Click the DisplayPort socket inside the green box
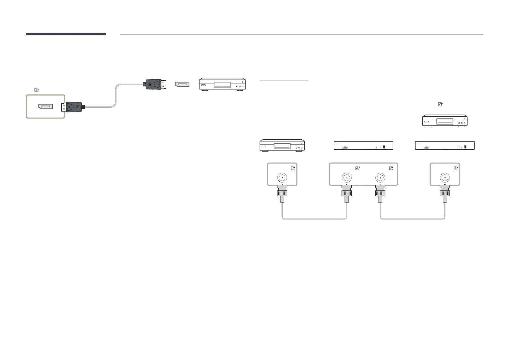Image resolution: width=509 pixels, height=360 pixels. [x=45, y=106]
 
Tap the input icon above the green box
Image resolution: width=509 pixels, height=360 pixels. [x=37, y=90]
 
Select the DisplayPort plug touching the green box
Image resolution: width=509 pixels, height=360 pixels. [x=73, y=107]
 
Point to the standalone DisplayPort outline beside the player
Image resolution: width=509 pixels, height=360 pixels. [x=182, y=84]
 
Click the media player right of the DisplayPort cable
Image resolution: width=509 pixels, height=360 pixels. [x=222, y=84]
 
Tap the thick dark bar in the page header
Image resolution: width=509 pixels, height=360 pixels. [x=66, y=34]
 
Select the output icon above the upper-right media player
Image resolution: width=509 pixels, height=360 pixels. [x=440, y=104]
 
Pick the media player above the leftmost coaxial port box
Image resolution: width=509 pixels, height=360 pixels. [x=282, y=145]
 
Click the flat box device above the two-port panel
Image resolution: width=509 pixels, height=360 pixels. [x=363, y=145]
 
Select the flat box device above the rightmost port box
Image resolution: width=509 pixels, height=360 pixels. [x=445, y=145]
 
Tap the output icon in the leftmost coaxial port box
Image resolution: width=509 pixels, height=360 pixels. [x=293, y=168]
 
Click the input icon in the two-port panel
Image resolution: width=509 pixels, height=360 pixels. [x=358, y=168]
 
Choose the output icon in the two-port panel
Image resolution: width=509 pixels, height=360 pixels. [x=391, y=168]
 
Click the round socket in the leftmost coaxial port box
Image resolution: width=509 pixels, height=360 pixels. [x=282, y=178]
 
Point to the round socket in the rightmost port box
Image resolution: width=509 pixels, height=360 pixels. [x=445, y=178]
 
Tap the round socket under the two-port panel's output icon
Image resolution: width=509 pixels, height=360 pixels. [x=380, y=178]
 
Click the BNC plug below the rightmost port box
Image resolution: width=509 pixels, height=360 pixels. [x=445, y=193]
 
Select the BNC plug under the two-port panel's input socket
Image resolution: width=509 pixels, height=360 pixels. [x=347, y=193]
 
